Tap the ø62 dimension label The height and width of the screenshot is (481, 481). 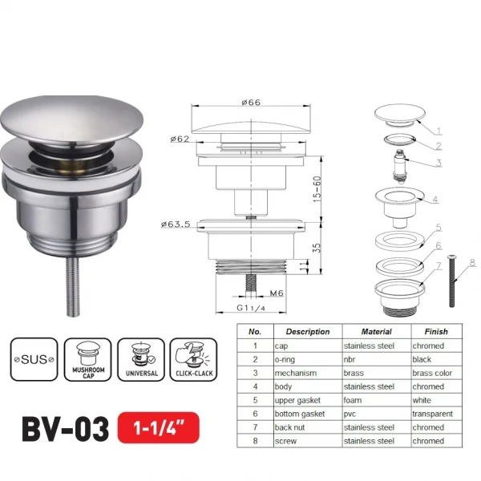click(180, 139)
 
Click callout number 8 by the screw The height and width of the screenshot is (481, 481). click(472, 261)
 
